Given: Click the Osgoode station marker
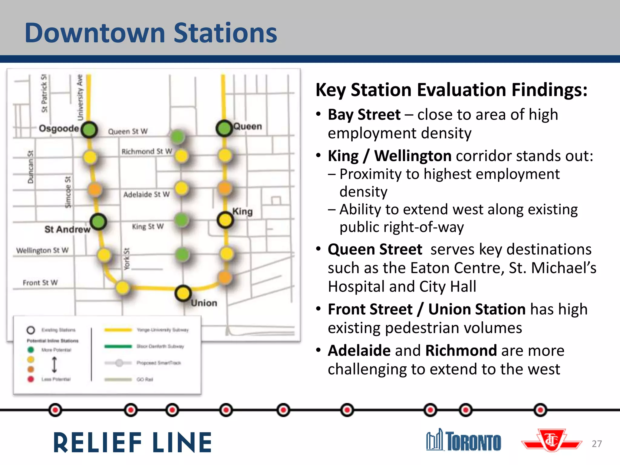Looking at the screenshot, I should pos(89,130).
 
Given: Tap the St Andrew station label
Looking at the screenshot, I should pos(67,229).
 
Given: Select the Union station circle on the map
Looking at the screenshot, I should pos(183,293).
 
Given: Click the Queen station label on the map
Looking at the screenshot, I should pos(247,126).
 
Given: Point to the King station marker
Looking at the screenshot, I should pos(225,220).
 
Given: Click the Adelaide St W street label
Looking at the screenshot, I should pos(146,194).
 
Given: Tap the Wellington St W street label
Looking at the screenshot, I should pos(42,250).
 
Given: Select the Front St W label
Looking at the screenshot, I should pos(40,283).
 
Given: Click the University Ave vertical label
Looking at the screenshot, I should pos(80,97).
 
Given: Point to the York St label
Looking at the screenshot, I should pos(127,259).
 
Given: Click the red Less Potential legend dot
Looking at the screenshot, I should pos(31,379).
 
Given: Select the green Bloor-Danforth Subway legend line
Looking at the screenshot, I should pos(118,346).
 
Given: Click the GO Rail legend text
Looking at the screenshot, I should pos(145,379).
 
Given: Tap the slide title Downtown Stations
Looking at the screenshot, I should pos(151,33).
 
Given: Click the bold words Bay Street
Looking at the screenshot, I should pos(364,115).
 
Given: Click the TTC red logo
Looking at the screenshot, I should pos(552,440).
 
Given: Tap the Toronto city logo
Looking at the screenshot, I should pos(464,440).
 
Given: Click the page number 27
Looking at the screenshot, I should pos(596,444).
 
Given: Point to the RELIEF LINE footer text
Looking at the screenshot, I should pos(133,443).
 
